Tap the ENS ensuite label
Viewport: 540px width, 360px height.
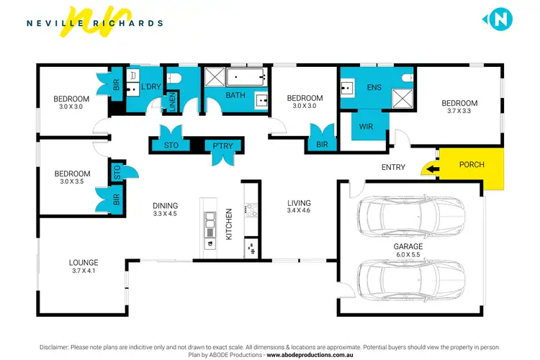click(x=374, y=88)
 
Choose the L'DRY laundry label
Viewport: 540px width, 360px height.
click(x=150, y=87)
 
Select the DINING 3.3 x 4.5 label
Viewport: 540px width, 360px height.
click(x=165, y=210)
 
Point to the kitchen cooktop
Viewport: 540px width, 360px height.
click(x=251, y=210)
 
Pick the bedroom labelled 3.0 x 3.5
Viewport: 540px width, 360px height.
click(x=72, y=178)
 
